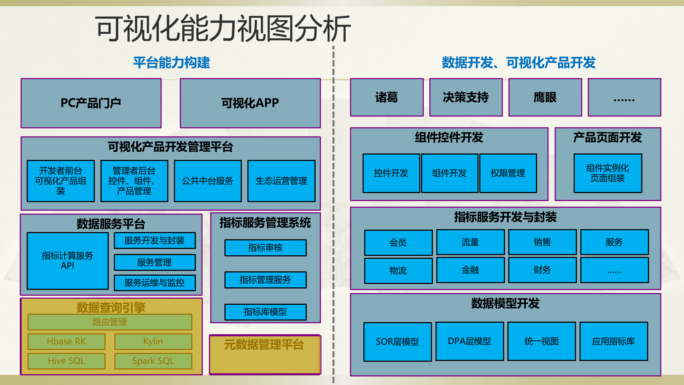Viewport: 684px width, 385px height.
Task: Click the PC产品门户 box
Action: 91,103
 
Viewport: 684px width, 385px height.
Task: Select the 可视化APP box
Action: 250,103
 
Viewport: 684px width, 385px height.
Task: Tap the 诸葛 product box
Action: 387,97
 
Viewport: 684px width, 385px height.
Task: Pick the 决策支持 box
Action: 466,97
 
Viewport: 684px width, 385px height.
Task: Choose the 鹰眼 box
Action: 545,97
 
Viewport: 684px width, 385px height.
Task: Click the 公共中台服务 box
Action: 208,181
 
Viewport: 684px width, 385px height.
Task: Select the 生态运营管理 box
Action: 281,181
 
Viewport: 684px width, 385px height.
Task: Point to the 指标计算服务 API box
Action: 68,261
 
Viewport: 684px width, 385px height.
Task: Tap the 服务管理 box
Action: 155,262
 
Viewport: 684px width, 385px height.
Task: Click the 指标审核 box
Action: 265,248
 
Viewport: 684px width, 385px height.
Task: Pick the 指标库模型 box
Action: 265,312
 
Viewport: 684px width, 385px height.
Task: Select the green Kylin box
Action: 153,341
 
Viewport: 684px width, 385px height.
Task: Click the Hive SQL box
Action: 67,361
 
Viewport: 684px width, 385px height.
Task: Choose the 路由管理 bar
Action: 110,322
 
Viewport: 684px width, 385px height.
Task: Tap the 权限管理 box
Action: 508,173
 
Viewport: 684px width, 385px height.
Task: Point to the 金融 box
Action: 470,270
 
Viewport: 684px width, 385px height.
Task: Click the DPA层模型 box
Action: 469,341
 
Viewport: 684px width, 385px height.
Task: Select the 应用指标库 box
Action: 613,341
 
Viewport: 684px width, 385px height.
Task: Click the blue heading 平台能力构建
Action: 172,63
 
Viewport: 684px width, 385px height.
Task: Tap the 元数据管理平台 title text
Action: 264,345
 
